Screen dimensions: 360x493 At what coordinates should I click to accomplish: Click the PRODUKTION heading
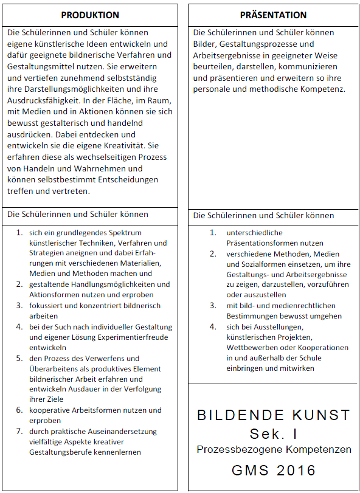click(x=90, y=15)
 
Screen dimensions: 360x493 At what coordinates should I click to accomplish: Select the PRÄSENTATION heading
click(x=272, y=15)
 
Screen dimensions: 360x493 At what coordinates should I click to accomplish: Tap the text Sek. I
click(x=274, y=433)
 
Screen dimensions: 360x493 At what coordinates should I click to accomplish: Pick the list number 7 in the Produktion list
click(x=19, y=431)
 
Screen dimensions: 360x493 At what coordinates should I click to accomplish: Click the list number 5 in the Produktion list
click(x=19, y=359)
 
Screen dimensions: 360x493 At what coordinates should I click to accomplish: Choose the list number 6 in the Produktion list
click(x=19, y=410)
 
